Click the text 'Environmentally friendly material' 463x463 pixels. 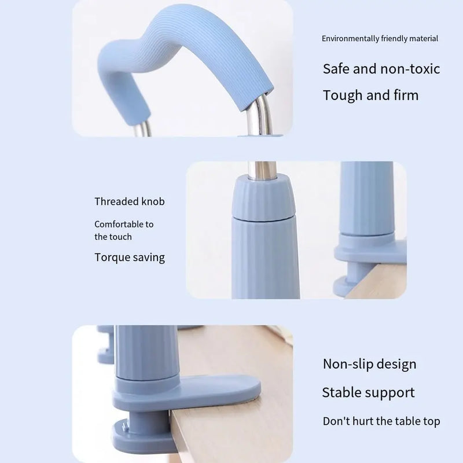click(x=380, y=39)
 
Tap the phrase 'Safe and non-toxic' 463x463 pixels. click(x=381, y=69)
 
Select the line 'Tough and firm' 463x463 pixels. click(x=370, y=95)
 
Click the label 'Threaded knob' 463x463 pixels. click(x=130, y=201)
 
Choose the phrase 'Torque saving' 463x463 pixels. click(x=130, y=258)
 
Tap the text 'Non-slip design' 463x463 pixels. click(x=369, y=364)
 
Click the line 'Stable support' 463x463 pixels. click(x=368, y=393)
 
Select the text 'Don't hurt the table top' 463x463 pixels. click(x=381, y=421)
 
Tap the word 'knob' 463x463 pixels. click(x=153, y=201)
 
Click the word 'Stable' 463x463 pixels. click(x=341, y=393)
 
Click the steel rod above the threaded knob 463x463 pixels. click(x=265, y=169)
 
